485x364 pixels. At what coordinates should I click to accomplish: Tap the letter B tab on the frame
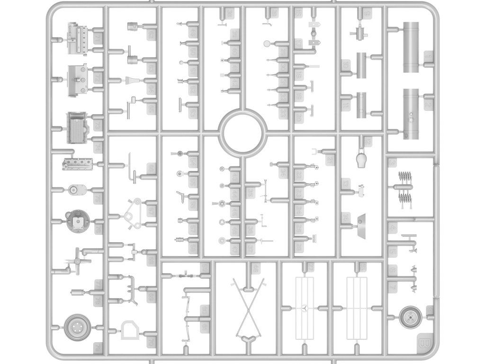coord(423,341)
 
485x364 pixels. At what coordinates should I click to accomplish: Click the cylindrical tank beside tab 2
coord(412,114)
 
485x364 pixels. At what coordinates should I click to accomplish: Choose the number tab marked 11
coord(346,105)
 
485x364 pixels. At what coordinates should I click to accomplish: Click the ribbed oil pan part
coord(77,127)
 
